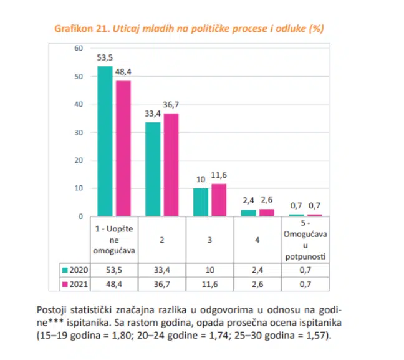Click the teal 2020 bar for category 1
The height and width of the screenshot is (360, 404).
point(105,141)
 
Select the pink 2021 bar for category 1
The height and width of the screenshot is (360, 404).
point(123,148)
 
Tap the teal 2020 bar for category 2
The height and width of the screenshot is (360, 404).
point(153,169)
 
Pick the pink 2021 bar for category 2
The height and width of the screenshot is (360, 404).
point(170,165)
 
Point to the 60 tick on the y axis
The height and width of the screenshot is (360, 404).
point(79,48)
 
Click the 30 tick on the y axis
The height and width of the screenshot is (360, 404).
point(79,132)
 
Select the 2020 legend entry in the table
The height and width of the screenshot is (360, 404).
point(75,270)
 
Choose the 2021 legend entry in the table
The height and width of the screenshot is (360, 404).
point(75,284)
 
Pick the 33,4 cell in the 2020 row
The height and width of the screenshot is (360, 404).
point(161,270)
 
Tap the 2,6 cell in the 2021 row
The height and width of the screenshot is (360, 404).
point(257,284)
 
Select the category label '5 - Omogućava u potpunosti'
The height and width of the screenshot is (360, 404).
point(305,240)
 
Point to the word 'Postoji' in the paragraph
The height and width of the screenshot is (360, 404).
point(54,310)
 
